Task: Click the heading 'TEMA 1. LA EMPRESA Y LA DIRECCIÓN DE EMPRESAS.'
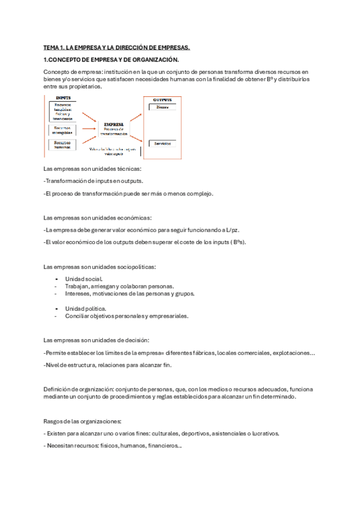[117, 47]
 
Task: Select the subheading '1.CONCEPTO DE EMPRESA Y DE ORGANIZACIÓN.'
[111, 60]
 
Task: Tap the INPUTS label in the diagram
[64, 98]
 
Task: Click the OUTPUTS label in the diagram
[162, 99]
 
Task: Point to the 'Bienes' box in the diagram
[162, 108]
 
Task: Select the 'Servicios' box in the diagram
[162, 144]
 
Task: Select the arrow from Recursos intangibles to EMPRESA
[89, 128]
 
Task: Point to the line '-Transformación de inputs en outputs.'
[93, 180]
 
